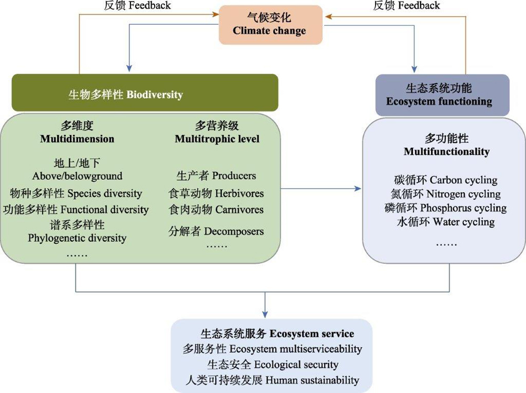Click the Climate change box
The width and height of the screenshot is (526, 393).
click(270, 25)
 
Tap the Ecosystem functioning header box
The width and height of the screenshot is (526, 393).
click(442, 95)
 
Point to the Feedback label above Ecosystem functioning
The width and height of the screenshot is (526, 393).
click(407, 6)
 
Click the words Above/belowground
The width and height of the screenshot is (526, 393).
click(77, 175)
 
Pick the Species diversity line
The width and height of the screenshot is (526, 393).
click(76, 193)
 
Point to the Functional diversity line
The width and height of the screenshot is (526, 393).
click(76, 209)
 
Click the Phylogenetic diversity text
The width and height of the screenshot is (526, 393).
click(77, 237)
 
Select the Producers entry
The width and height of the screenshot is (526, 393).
click(216, 176)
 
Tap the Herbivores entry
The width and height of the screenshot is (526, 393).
click(216, 193)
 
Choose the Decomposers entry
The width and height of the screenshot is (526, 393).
click(216, 231)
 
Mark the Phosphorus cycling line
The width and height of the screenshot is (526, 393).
click(445, 208)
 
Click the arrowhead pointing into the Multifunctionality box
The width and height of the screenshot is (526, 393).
click(359, 189)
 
